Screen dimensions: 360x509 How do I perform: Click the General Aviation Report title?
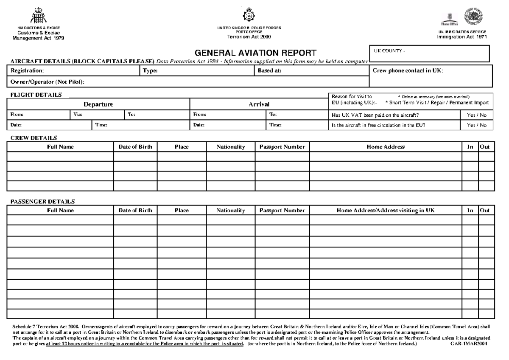click(x=255, y=53)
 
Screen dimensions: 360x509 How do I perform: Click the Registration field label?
click(x=27, y=71)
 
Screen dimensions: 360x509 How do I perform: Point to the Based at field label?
click(x=270, y=71)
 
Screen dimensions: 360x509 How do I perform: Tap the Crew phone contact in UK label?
click(x=408, y=71)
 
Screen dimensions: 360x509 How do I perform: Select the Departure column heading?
click(x=98, y=104)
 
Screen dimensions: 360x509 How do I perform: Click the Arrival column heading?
click(x=259, y=104)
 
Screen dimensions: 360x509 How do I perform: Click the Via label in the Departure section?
click(x=77, y=114)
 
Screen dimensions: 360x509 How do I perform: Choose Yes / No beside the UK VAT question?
click(x=477, y=115)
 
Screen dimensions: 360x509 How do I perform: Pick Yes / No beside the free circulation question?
click(x=477, y=125)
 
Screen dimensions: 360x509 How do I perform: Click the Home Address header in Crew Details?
click(x=386, y=147)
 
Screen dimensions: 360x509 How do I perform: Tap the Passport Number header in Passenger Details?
click(x=282, y=211)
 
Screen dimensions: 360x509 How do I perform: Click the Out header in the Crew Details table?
click(x=484, y=147)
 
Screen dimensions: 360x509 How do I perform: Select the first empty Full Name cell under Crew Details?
click(x=60, y=157)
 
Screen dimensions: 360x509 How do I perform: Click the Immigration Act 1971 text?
click(x=462, y=37)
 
